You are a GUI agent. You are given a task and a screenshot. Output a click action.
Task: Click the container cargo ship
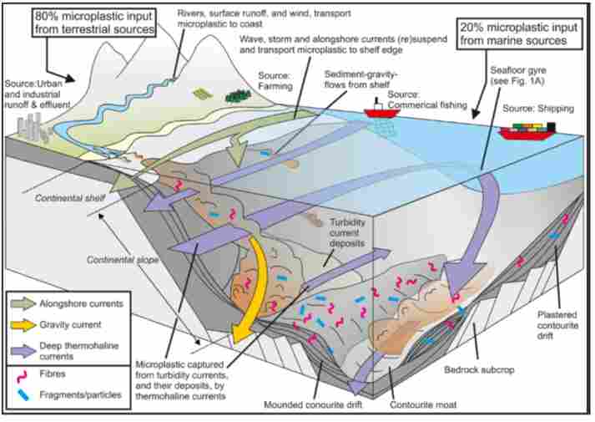(529, 131)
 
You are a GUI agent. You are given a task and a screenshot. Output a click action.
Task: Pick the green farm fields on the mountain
(202, 95)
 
